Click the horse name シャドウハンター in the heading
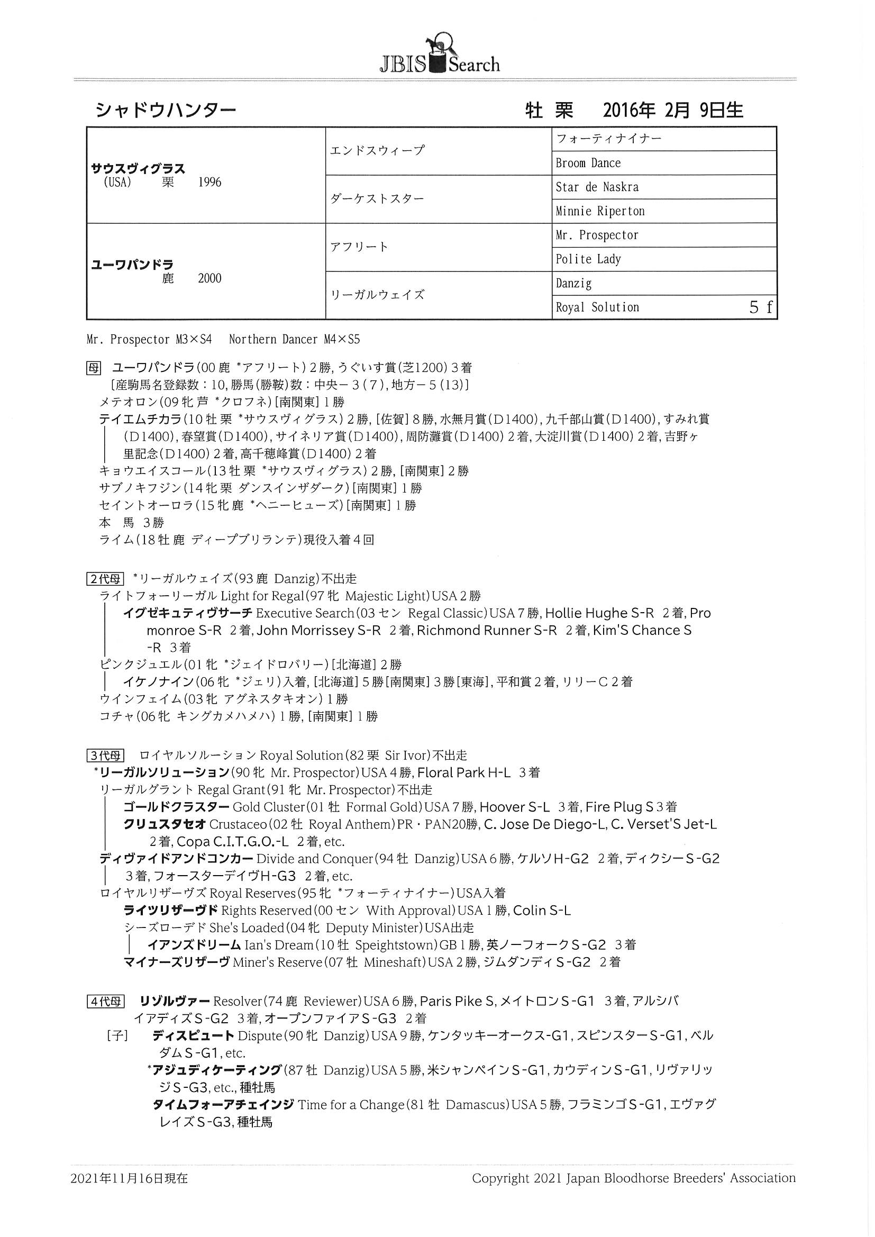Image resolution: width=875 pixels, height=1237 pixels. coord(166,111)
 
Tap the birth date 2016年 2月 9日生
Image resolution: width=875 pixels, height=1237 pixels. coord(673,111)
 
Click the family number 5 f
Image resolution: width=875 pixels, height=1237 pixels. coord(761,307)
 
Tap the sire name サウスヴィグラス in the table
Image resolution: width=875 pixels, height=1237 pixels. coord(138,169)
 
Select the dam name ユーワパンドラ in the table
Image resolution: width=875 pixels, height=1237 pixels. coord(132,265)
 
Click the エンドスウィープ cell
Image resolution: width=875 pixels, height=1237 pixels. coord(377,150)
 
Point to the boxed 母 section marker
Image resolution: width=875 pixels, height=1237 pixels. coord(94,368)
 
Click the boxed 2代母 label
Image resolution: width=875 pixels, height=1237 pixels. coord(105,579)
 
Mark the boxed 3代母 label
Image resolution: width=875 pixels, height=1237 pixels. coord(105,756)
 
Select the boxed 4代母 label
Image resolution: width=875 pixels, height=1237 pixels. coord(105,1002)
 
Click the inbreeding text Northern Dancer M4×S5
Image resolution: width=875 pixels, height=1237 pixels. coord(294,340)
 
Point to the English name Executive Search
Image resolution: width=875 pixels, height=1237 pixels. coord(304,614)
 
